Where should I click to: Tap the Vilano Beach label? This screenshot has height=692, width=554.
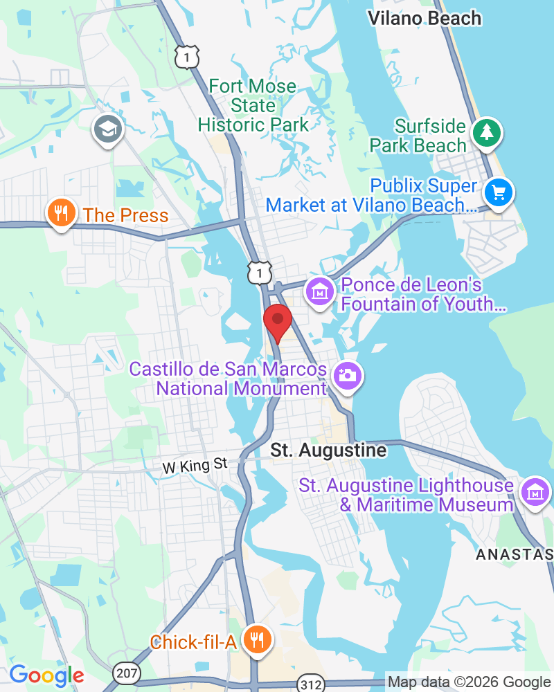pyautogui.click(x=425, y=19)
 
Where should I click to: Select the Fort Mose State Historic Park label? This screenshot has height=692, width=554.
pyautogui.click(x=253, y=106)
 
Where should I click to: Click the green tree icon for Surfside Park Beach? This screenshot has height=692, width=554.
pyautogui.click(x=487, y=131)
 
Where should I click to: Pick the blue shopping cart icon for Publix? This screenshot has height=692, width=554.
pyautogui.click(x=498, y=192)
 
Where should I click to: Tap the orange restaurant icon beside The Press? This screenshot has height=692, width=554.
pyautogui.click(x=62, y=213)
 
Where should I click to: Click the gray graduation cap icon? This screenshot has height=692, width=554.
pyautogui.click(x=108, y=128)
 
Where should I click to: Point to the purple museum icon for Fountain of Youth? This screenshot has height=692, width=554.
pyautogui.click(x=320, y=293)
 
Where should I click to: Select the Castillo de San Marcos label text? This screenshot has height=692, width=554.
pyautogui.click(x=228, y=379)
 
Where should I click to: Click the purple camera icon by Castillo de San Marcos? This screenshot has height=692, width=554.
pyautogui.click(x=347, y=376)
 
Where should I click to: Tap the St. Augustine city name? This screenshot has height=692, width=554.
pyautogui.click(x=328, y=450)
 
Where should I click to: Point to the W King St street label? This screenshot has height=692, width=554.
pyautogui.click(x=195, y=466)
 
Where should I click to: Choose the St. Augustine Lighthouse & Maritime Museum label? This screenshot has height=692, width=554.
pyautogui.click(x=406, y=495)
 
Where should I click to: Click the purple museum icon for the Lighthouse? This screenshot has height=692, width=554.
pyautogui.click(x=536, y=491)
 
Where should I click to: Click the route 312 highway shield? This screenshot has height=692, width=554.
pyautogui.click(x=309, y=684)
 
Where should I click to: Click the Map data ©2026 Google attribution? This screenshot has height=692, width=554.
pyautogui.click(x=469, y=682)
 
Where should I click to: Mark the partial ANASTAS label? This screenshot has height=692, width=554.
pyautogui.click(x=514, y=554)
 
